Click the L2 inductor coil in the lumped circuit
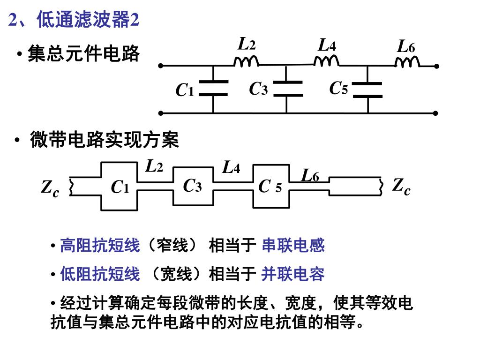(x=247, y=62)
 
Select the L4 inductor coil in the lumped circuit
(x=327, y=61)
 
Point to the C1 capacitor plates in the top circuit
(x=213, y=88)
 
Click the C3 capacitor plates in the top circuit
(x=287, y=88)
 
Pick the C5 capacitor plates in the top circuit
(x=367, y=90)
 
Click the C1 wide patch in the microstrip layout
(x=120, y=187)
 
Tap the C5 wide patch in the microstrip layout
(x=271, y=187)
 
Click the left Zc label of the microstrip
(x=50, y=188)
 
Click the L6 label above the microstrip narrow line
(x=310, y=176)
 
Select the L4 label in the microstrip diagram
(x=232, y=167)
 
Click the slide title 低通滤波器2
(x=75, y=20)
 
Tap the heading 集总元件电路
(x=83, y=54)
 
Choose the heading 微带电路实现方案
(x=104, y=140)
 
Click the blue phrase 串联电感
(x=293, y=245)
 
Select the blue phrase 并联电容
(x=293, y=274)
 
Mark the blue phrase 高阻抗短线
(x=100, y=245)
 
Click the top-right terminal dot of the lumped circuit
(x=436, y=66)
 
